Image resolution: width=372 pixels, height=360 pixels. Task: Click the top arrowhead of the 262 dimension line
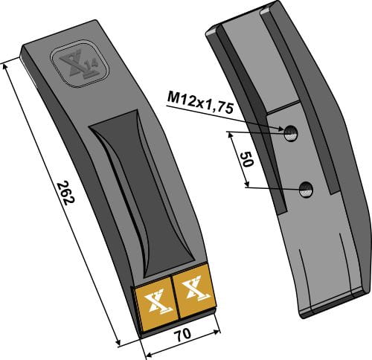tap(7, 65)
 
